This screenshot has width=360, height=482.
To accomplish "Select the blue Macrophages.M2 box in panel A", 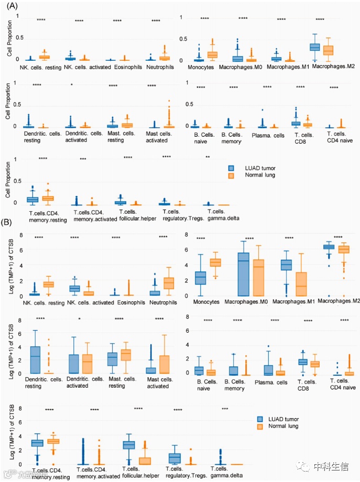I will coord(315,47).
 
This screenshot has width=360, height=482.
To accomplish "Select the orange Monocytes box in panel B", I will coord(215,262).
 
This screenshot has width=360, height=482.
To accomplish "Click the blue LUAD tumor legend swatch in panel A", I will coord(230,168).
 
